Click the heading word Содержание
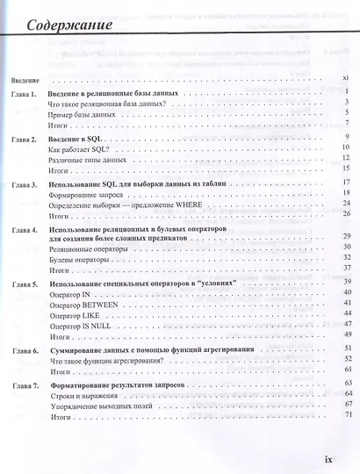(68, 24)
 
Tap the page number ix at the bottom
(329, 458)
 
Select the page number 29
(347, 238)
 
